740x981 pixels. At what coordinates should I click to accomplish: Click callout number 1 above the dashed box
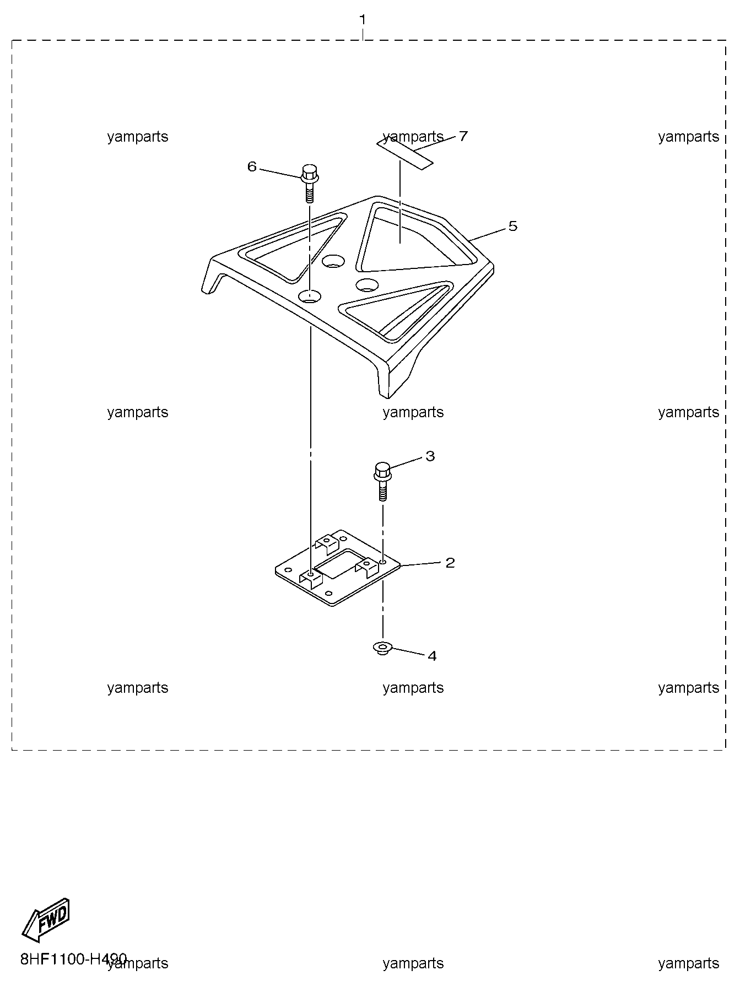[363, 20]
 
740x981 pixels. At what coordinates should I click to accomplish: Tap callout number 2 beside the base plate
[450, 563]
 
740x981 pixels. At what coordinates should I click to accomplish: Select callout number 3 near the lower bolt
[430, 456]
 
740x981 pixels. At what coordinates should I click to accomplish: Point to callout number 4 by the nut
[432, 656]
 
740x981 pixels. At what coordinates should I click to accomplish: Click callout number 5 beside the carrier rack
[513, 226]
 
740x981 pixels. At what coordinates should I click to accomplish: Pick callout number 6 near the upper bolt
[252, 166]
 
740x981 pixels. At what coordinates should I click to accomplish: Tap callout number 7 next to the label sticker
[463, 136]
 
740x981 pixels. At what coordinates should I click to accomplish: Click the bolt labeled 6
[309, 183]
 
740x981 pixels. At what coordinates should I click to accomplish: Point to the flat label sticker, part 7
[404, 154]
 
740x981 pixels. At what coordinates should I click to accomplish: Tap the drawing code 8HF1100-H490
[74, 959]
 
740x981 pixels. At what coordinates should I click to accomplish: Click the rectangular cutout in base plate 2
[339, 564]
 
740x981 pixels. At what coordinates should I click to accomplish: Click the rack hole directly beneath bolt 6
[310, 297]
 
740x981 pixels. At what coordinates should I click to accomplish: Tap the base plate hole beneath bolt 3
[382, 562]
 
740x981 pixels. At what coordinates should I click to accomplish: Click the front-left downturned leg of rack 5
[213, 277]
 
